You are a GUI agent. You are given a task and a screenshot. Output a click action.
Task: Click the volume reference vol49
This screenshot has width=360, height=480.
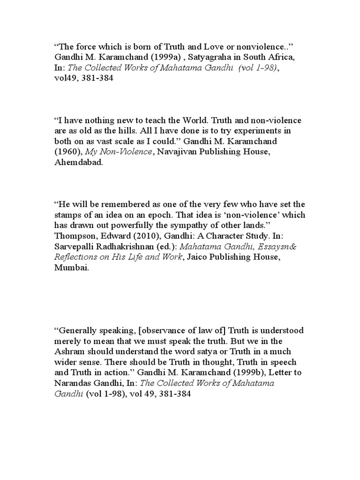point(65,79)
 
